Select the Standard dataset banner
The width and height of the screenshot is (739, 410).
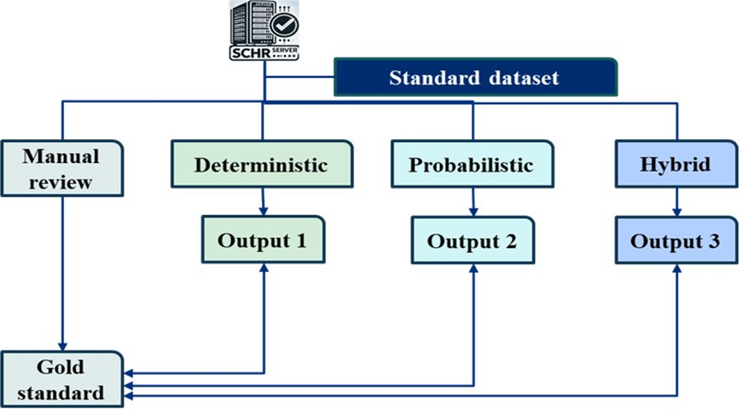pyautogui.click(x=475, y=77)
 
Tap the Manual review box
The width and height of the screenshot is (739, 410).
pyautogui.click(x=61, y=168)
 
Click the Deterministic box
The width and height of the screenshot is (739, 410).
pyautogui.click(x=261, y=164)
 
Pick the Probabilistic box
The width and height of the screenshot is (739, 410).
pyautogui.click(x=472, y=164)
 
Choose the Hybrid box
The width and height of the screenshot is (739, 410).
pyautogui.click(x=675, y=164)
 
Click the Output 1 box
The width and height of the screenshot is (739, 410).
pyautogui.click(x=263, y=240)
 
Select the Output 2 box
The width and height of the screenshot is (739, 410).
pyautogui.click(x=473, y=240)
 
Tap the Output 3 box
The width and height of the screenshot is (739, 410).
pyautogui.click(x=676, y=240)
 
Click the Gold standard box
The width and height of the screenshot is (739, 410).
pyautogui.click(x=61, y=379)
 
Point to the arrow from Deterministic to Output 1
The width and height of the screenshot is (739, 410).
pyautogui.click(x=263, y=200)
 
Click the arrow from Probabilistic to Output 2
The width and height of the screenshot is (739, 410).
pyautogui.click(x=473, y=200)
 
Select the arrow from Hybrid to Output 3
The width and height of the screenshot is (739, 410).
pyautogui.click(x=676, y=200)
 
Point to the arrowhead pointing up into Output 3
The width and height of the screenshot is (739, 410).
pyautogui.click(x=676, y=269)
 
